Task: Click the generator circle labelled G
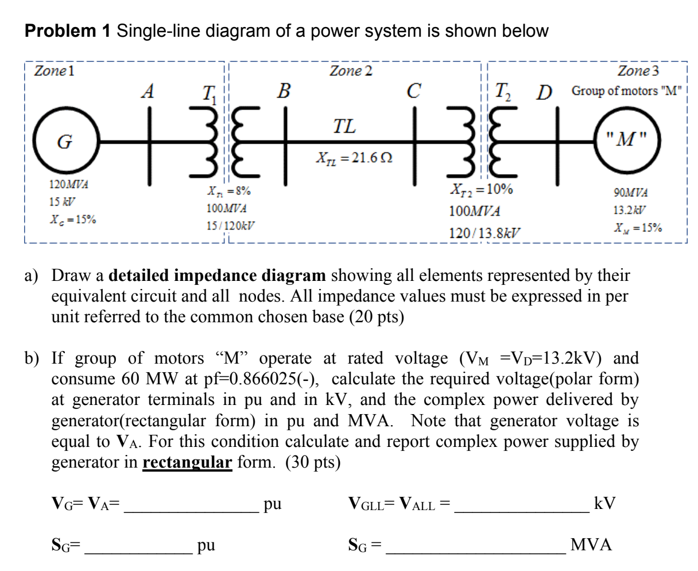tap(65, 140)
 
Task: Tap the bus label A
tap(148, 91)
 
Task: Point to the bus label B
tap(283, 91)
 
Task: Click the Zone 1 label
tap(55, 71)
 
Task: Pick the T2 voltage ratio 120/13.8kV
tap(485, 233)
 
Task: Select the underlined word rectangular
tap(187, 462)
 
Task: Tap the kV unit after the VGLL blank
tap(605, 504)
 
